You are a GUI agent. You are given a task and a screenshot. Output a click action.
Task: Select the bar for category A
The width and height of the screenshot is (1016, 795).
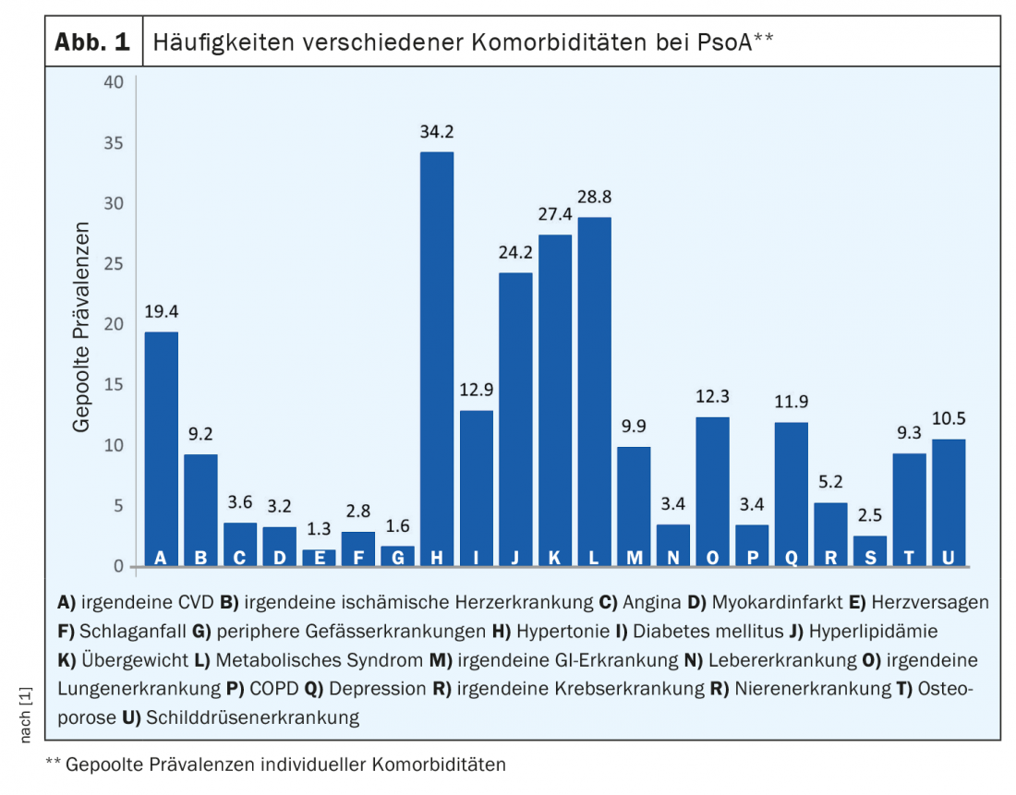[x=161, y=448]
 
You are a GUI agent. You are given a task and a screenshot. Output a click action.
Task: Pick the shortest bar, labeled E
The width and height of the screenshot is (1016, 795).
[x=319, y=557]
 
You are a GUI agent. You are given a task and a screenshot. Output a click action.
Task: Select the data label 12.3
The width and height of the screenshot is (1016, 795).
[x=712, y=396]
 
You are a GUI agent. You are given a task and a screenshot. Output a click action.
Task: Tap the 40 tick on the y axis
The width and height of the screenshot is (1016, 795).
[x=114, y=82]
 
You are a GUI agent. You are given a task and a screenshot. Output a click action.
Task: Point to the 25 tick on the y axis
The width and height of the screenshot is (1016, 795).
[x=114, y=264]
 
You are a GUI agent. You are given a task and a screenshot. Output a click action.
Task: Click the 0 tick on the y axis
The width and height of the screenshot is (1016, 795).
[x=118, y=566]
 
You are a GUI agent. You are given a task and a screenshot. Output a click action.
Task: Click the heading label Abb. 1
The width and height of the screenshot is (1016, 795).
[x=93, y=42]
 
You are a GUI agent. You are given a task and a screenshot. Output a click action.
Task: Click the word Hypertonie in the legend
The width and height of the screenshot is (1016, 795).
[x=557, y=632]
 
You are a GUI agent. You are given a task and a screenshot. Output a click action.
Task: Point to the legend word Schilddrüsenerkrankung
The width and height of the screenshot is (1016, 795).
[x=252, y=717]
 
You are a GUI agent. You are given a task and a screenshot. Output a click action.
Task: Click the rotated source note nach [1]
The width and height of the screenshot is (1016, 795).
[x=25, y=712]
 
